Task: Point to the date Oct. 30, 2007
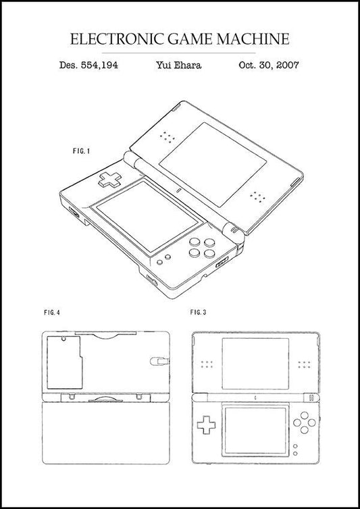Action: click(269, 65)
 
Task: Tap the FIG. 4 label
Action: click(51, 313)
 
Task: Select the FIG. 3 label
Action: click(198, 313)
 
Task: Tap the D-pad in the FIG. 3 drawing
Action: click(205, 427)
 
